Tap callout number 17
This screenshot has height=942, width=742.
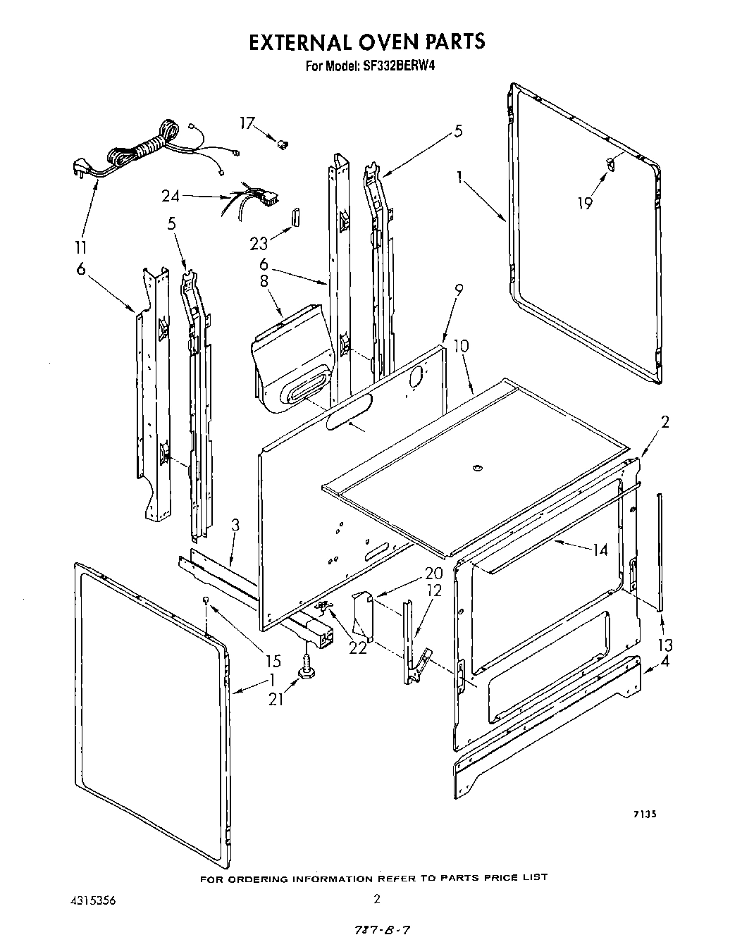click(x=246, y=124)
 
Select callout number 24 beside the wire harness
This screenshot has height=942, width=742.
click(x=170, y=197)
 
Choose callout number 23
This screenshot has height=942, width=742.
click(x=258, y=243)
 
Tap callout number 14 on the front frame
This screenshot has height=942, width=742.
click(x=600, y=550)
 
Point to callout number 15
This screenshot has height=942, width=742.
click(x=273, y=661)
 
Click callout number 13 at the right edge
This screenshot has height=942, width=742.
click(x=664, y=645)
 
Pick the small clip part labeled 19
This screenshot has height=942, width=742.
click(x=610, y=164)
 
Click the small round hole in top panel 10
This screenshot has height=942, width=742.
click(x=477, y=466)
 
